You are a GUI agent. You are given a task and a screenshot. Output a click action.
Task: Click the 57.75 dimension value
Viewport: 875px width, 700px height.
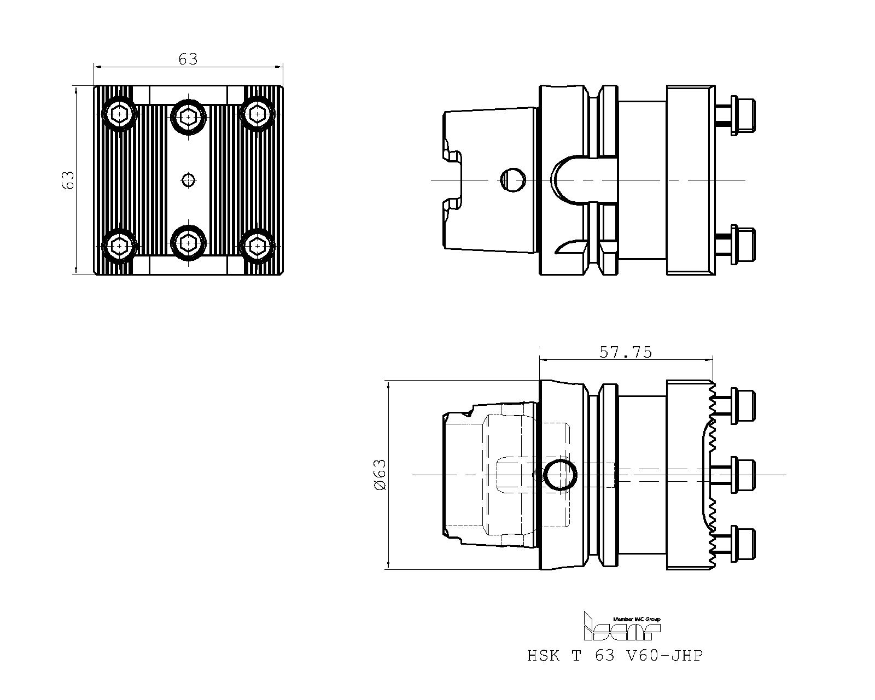pos(625,352)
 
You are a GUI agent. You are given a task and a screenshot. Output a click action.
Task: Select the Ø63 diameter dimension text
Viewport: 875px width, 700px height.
pos(380,475)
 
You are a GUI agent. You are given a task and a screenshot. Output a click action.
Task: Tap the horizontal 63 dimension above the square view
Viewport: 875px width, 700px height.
pos(188,60)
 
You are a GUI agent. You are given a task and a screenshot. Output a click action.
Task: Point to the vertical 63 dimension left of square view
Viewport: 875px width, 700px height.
pos(68,180)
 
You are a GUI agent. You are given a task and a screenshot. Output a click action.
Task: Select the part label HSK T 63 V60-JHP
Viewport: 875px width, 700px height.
pos(615,656)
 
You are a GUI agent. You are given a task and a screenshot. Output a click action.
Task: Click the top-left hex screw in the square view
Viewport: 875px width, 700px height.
pos(119,114)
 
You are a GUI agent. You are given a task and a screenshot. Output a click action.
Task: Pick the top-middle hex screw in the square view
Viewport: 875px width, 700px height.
pos(188,117)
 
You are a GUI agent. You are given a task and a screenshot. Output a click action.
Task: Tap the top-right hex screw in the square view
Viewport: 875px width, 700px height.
pos(258,114)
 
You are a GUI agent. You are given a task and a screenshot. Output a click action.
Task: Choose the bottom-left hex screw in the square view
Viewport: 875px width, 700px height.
pos(119,246)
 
